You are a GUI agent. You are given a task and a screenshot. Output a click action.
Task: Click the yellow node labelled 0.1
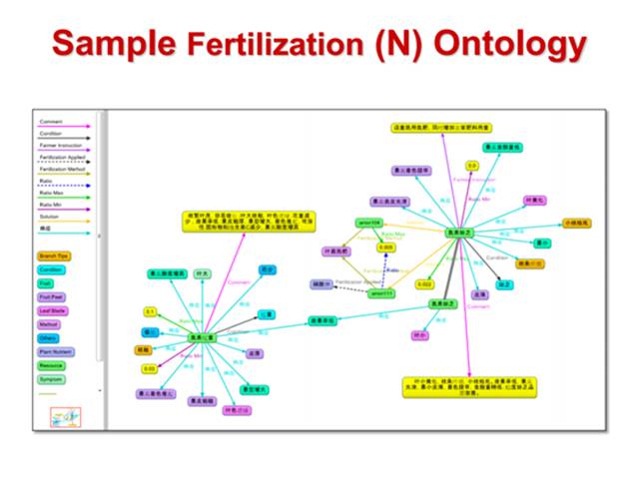coord(150,311)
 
